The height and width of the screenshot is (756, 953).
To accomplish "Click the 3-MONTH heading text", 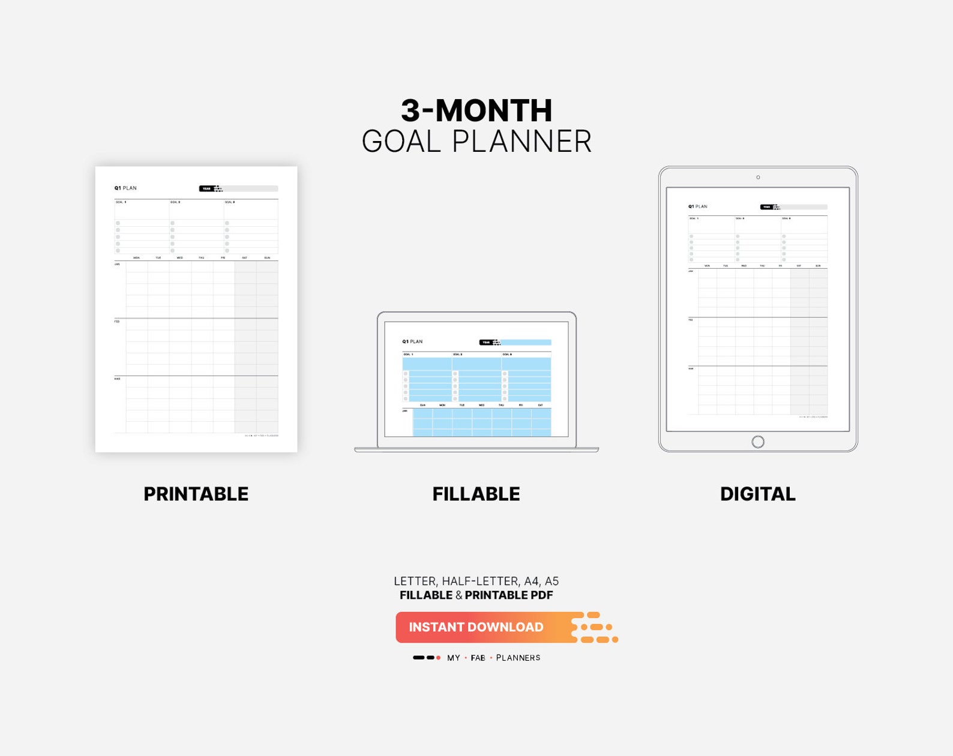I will click(x=476, y=110).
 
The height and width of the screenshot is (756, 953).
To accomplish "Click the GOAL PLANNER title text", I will click(x=476, y=142).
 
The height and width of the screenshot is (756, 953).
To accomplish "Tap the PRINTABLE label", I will click(x=196, y=494).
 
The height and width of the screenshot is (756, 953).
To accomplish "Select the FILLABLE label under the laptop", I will click(x=476, y=494).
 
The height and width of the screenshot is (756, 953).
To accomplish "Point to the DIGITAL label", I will click(x=757, y=494).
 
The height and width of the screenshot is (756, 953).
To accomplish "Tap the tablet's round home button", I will click(x=758, y=442).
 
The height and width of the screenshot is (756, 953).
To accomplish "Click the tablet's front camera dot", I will click(x=758, y=177).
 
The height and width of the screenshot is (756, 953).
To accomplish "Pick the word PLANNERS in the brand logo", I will click(x=518, y=658).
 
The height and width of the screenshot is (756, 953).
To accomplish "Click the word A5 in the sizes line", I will click(x=552, y=581).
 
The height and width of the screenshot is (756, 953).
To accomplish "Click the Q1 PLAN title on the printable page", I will click(x=125, y=188).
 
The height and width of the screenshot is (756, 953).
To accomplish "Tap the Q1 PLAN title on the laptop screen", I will click(x=412, y=341).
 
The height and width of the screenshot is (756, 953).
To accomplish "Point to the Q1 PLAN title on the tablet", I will click(x=697, y=206).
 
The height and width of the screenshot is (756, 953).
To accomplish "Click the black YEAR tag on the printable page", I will click(x=206, y=188).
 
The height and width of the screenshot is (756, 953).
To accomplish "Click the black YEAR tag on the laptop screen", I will click(x=486, y=343).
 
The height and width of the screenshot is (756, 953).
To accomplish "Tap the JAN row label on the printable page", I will click(x=117, y=264).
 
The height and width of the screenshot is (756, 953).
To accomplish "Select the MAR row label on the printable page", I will click(x=117, y=379).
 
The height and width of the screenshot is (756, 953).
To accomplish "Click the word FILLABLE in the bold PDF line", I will click(x=426, y=595).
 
